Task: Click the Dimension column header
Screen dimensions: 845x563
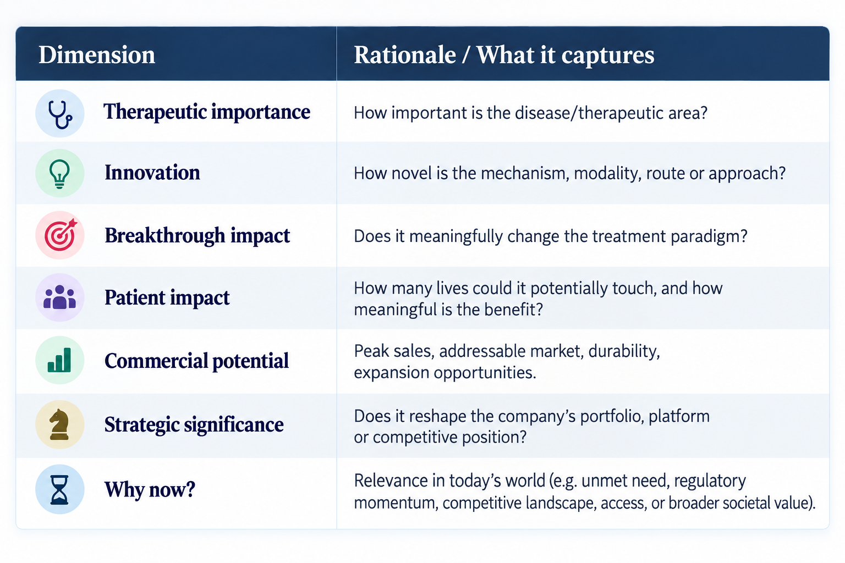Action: point(97,55)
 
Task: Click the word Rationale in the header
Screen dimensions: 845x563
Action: point(405,55)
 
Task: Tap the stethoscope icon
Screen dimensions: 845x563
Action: point(59,113)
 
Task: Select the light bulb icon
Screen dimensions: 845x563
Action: point(59,173)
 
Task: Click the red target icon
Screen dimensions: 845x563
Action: point(61,235)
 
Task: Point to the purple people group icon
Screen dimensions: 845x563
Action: point(59,297)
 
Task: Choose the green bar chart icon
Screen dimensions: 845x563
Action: point(59,360)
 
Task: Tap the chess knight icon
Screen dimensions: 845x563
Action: point(59,424)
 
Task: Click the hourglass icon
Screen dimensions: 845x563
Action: point(59,489)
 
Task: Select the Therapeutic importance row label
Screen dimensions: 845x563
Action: point(207,112)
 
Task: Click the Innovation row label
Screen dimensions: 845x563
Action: point(152,173)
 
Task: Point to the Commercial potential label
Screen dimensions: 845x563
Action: point(196,361)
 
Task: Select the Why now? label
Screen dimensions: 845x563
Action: point(150,490)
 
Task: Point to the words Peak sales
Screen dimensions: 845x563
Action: point(394,351)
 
